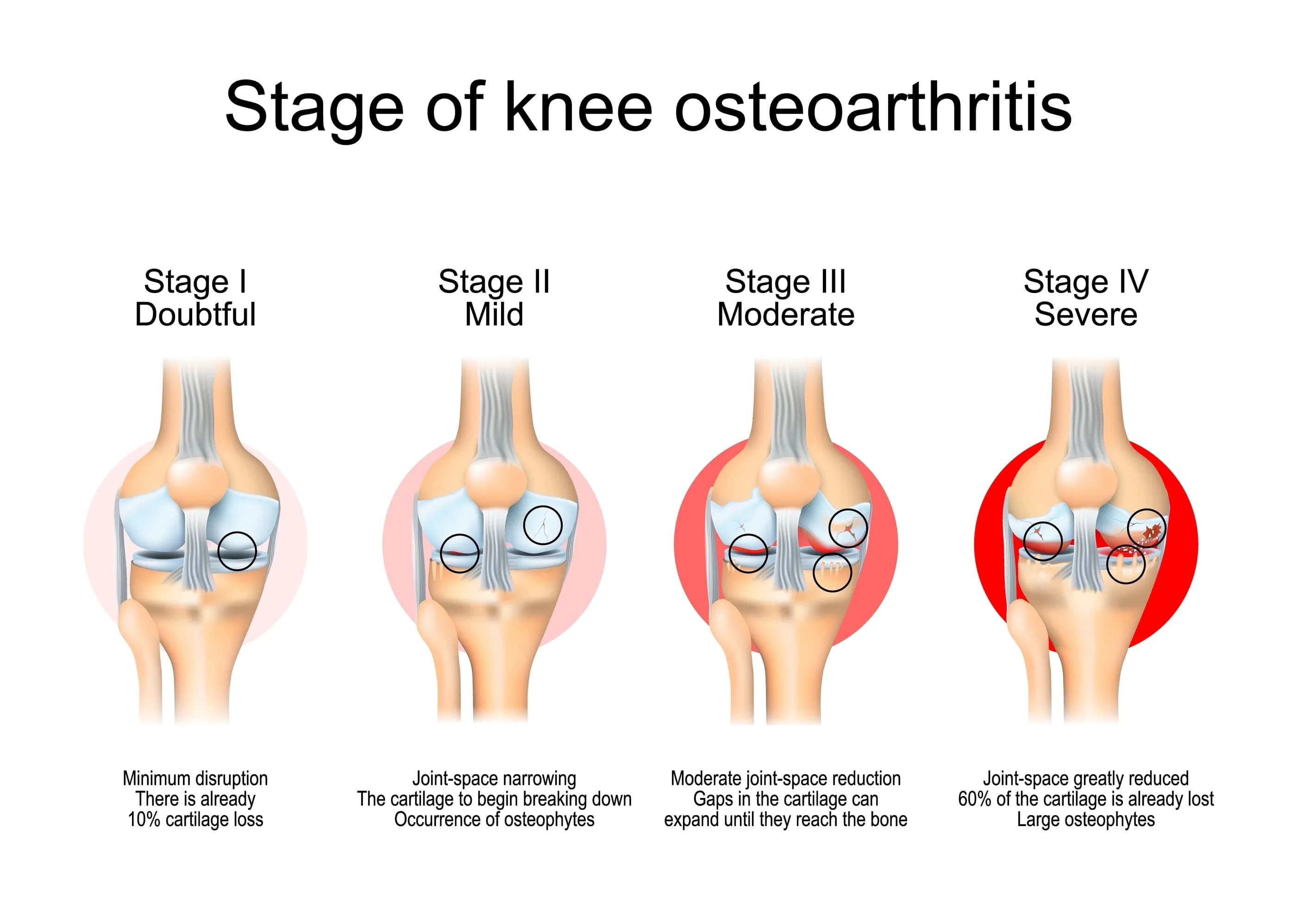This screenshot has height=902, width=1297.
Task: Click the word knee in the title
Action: (578, 107)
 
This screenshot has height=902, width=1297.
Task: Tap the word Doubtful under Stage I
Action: (195, 314)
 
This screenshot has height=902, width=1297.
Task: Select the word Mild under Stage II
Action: (494, 314)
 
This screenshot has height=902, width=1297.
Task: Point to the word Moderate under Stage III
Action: (786, 314)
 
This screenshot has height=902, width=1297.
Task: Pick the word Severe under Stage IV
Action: (1086, 314)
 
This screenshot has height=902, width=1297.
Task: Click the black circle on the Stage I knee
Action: (237, 551)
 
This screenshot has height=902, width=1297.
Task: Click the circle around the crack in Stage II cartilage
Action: (543, 524)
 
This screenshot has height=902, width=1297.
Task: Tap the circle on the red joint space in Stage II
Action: (460, 553)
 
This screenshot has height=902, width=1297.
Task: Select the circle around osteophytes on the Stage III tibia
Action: (832, 572)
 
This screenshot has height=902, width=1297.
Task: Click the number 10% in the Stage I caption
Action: (145, 819)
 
